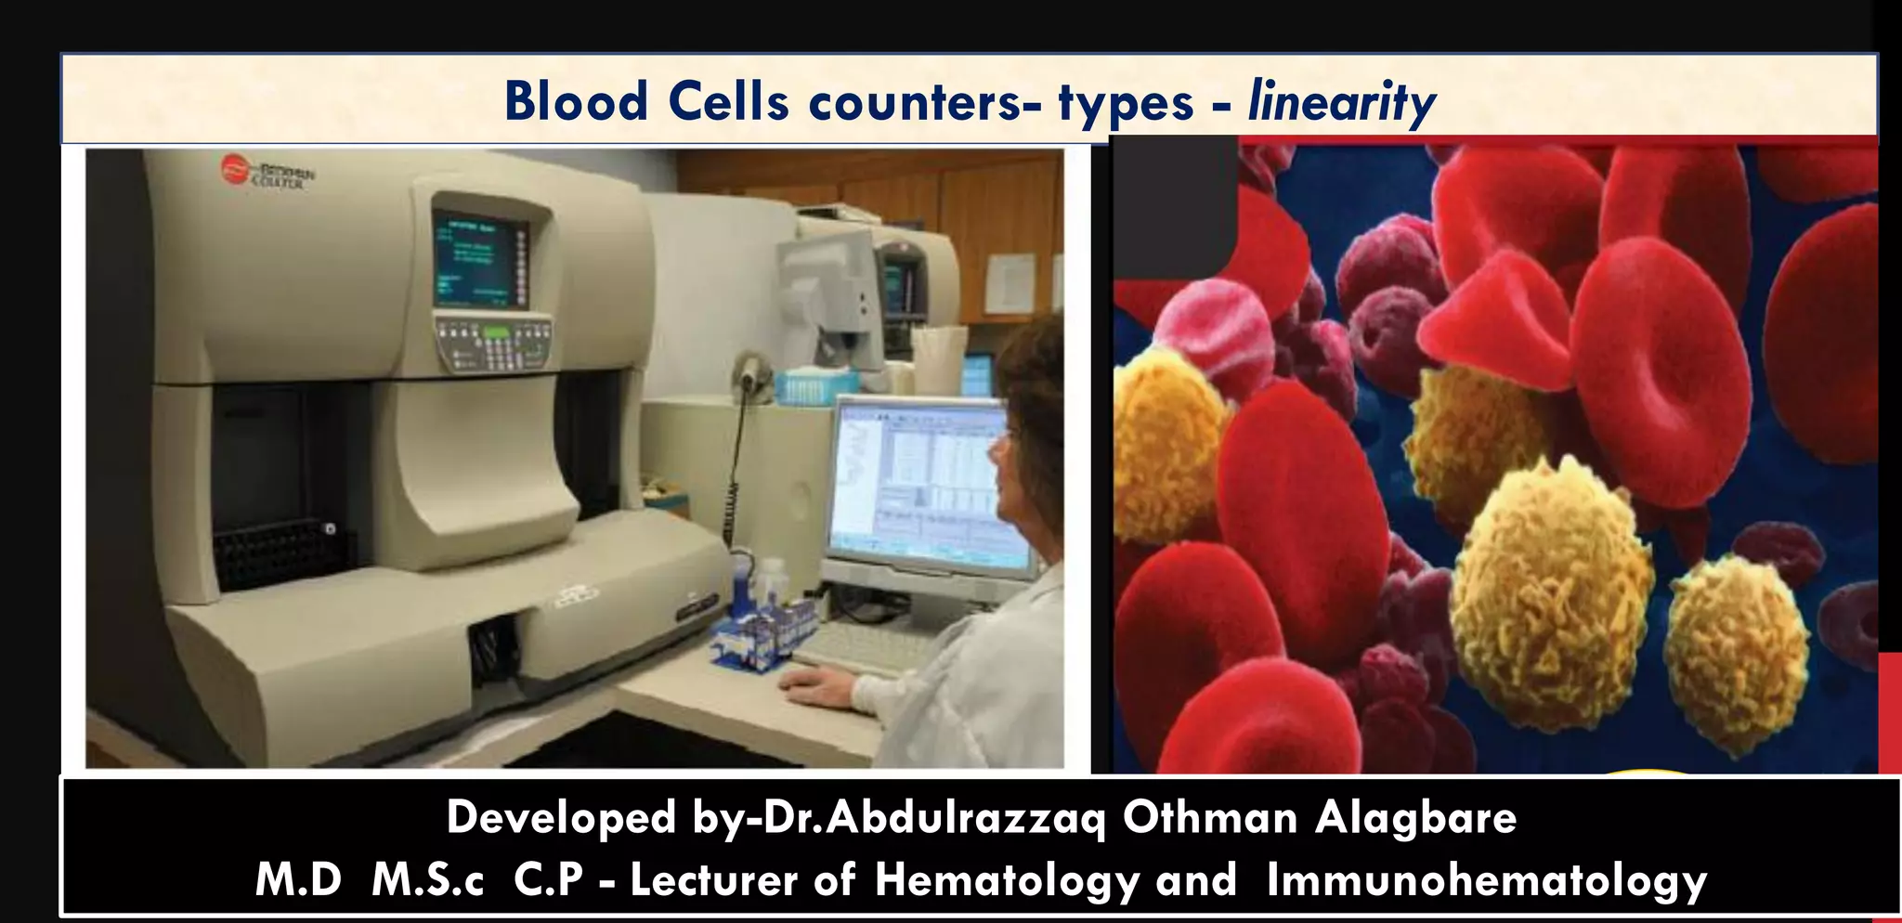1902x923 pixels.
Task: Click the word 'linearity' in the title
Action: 1341,102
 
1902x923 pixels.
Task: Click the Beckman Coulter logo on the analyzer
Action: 269,173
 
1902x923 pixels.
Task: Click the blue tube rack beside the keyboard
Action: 762,631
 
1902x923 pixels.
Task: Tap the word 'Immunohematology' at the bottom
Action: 1486,880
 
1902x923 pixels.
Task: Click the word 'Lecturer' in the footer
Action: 713,880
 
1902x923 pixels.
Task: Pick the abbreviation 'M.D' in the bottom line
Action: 298,880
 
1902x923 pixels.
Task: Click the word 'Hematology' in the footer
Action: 1007,880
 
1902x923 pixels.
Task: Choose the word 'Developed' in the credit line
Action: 561,818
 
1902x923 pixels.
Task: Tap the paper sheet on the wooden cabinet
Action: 1010,283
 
